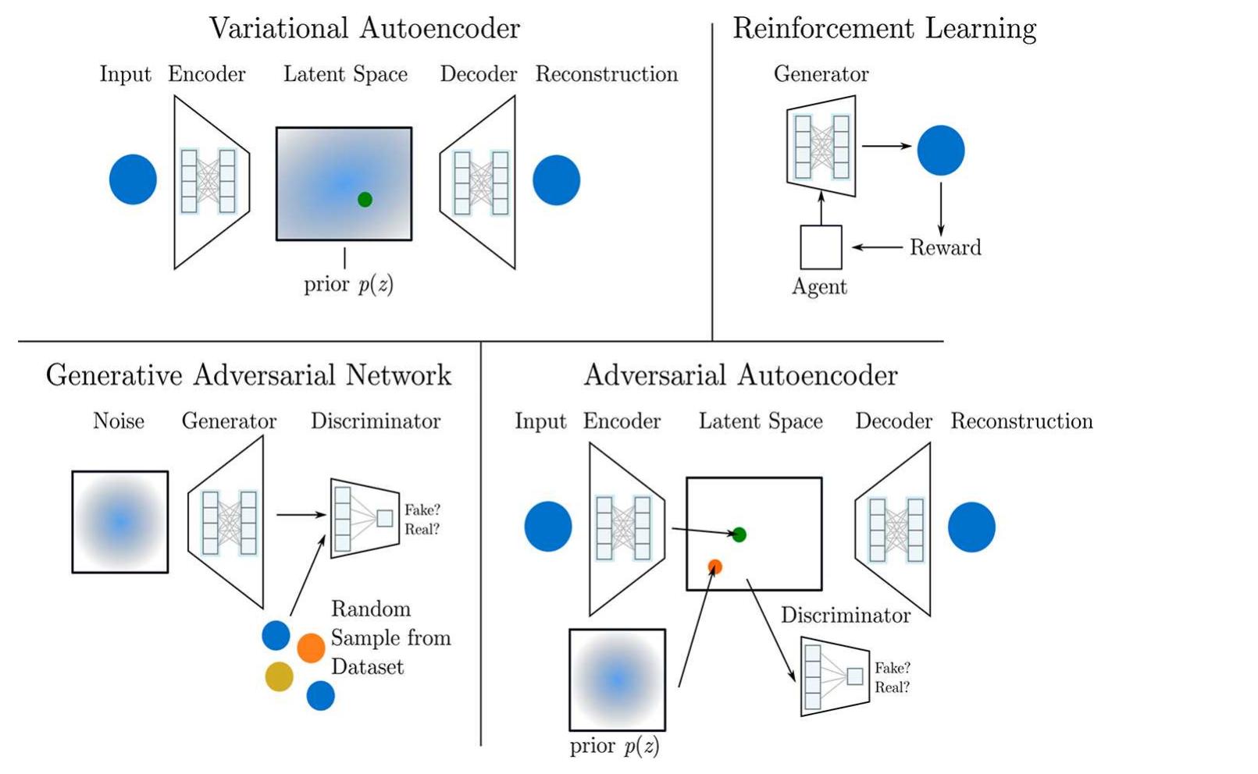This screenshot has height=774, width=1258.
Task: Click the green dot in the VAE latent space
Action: [x=365, y=199]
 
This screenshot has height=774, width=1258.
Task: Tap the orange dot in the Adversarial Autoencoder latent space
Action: [x=715, y=566]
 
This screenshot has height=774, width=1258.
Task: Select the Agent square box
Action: [x=821, y=247]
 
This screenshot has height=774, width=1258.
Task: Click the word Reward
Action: [x=945, y=248]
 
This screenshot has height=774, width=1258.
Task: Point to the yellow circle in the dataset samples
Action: [x=279, y=676]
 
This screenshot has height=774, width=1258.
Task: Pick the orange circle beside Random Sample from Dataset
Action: [x=311, y=648]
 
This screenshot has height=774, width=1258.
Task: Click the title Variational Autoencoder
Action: [x=364, y=29]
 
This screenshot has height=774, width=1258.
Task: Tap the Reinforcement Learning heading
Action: [x=884, y=29]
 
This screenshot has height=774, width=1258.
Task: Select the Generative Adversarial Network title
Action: [x=248, y=375]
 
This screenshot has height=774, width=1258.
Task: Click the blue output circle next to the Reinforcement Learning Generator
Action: [x=940, y=150]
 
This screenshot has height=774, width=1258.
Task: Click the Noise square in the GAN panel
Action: [x=120, y=522]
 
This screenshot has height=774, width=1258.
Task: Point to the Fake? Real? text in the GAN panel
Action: [x=422, y=520]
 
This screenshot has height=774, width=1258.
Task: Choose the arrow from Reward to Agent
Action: [x=876, y=247]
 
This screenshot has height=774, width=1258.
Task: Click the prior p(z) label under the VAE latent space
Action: [x=348, y=284]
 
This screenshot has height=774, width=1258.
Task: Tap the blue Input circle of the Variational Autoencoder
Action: [x=133, y=179]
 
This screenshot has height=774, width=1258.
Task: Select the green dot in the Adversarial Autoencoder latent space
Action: [x=739, y=534]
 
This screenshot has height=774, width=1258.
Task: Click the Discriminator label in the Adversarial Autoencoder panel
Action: [x=845, y=616]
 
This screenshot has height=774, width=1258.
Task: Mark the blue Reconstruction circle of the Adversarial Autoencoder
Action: [x=971, y=527]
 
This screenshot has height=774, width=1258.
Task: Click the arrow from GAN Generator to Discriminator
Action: [x=301, y=514]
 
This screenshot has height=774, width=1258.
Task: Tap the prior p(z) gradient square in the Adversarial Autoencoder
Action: [x=617, y=680]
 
